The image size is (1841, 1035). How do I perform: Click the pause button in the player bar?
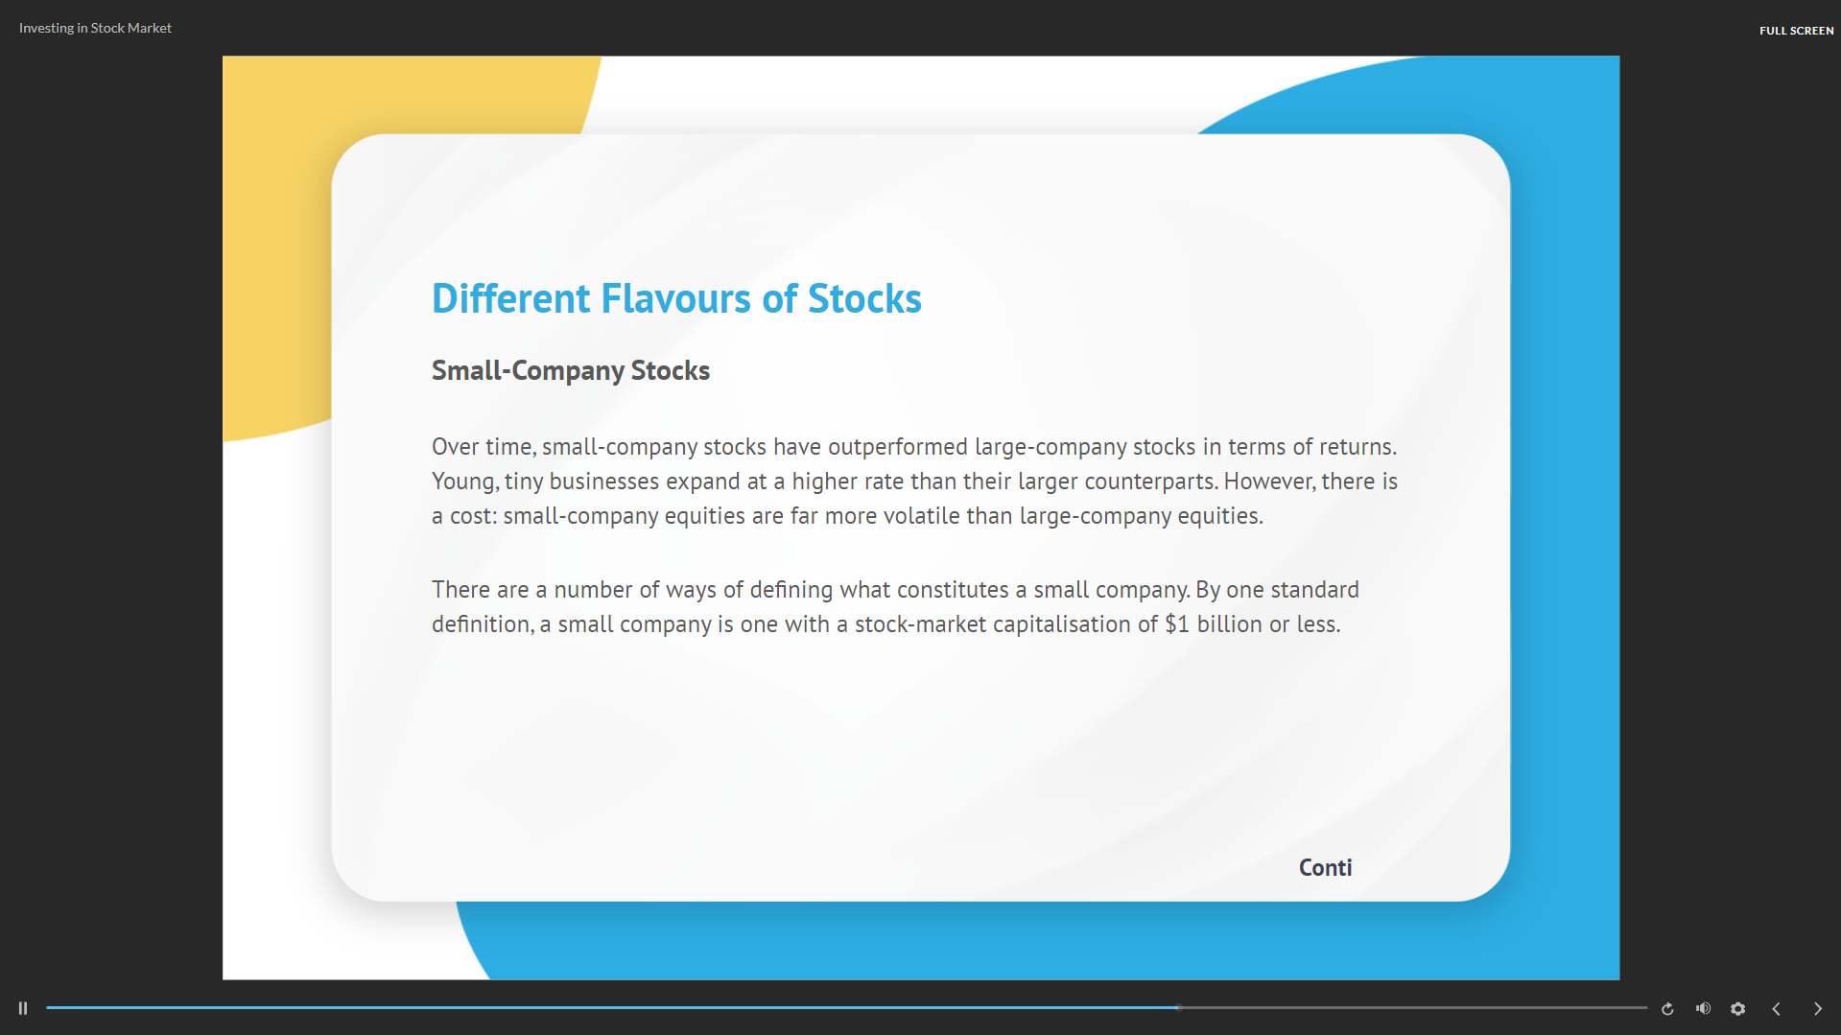click(23, 1008)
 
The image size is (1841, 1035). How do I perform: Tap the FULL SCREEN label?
click(1796, 31)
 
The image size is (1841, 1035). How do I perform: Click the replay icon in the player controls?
click(1667, 1008)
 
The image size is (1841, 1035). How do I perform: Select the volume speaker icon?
click(1703, 1008)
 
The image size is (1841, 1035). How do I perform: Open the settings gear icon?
click(1737, 1008)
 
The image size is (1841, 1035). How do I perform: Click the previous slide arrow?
click(1776, 1008)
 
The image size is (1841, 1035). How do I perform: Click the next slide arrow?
click(1817, 1008)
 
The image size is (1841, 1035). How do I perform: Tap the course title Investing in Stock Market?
click(95, 28)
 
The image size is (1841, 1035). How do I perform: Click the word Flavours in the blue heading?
click(676, 299)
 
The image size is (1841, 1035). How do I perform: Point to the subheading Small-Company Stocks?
click(571, 371)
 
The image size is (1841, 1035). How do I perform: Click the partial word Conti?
click(1325, 867)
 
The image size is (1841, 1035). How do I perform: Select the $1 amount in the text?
click(1177, 624)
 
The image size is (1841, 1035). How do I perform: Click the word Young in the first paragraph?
click(464, 482)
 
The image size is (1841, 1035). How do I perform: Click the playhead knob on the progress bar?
click(1178, 1007)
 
